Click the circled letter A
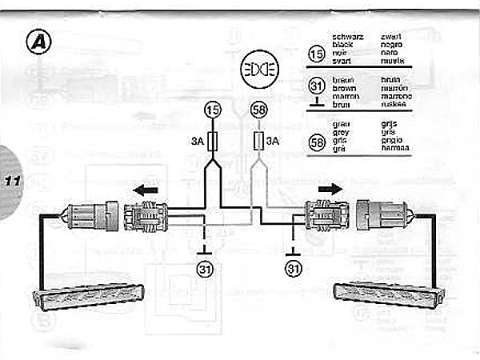[x=37, y=42]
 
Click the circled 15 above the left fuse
[x=212, y=110]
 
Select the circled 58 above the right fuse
[x=258, y=110]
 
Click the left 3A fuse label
[x=196, y=142]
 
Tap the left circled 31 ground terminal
[x=205, y=267]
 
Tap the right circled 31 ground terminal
[x=295, y=267]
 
